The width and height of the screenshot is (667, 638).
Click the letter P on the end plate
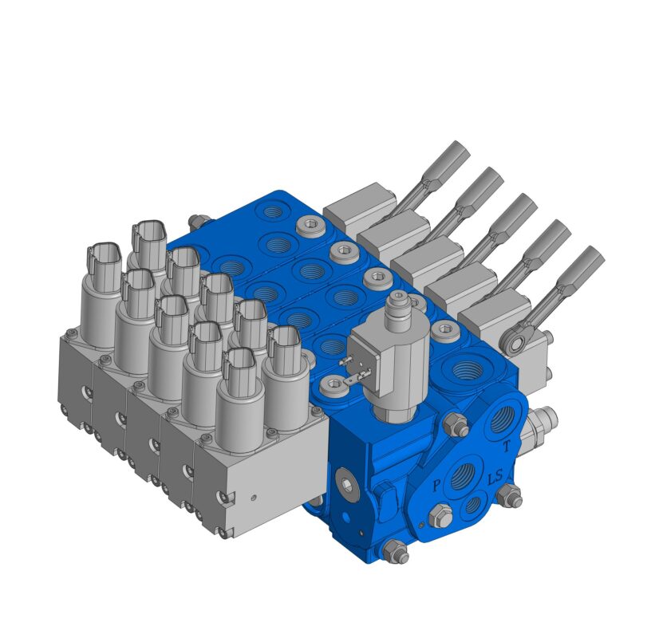point(436,485)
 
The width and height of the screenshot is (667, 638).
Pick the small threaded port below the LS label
point(473,504)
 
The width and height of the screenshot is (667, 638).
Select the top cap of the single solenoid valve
point(397,302)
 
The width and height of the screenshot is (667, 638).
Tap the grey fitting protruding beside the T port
point(544,417)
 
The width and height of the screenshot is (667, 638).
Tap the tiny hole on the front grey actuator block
point(254,496)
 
